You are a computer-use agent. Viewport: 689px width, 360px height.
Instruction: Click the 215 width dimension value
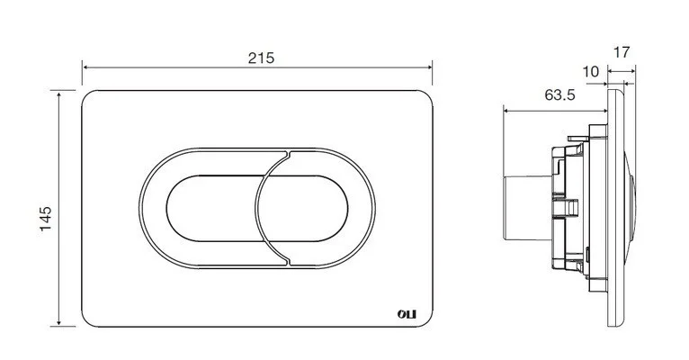click(261, 58)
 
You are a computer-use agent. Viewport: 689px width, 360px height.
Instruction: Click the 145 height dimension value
click(45, 218)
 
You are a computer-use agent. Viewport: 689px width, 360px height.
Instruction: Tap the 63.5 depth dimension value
click(559, 94)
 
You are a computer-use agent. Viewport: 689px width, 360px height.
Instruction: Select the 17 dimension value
click(622, 52)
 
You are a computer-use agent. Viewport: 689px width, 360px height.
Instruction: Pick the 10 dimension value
click(591, 71)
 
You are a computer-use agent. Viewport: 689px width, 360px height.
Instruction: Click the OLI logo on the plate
click(407, 314)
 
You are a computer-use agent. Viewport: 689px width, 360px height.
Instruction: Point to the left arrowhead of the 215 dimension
click(85, 67)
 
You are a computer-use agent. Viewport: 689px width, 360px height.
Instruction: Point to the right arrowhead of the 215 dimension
click(429, 67)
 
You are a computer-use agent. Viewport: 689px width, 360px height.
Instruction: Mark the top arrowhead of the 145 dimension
click(58, 94)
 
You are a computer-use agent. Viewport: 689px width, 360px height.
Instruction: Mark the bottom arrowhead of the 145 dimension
click(58, 322)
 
